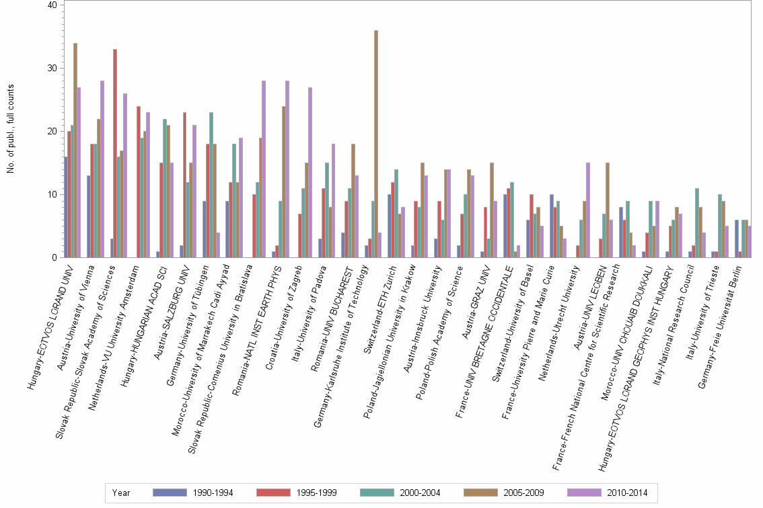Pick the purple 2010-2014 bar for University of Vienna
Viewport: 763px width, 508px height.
102,169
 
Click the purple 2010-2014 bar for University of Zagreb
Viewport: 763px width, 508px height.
310,172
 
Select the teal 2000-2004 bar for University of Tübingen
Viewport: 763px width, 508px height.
211,184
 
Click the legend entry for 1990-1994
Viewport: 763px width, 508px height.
192,493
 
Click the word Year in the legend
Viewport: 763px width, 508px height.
122,493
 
